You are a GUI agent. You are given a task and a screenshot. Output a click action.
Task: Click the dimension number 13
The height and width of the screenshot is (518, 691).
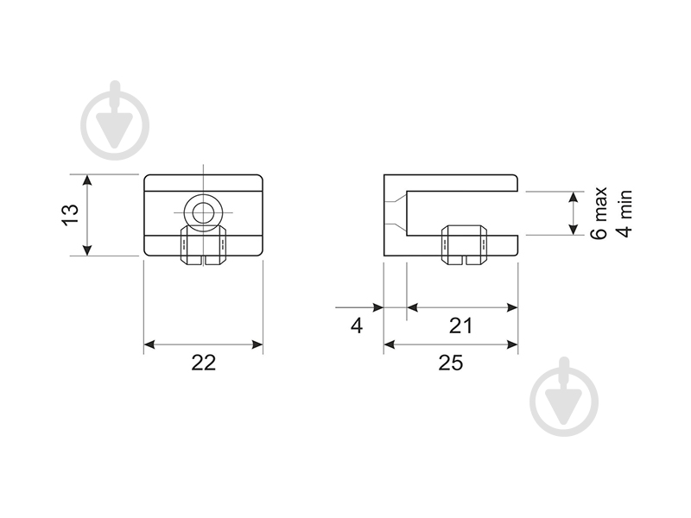71,214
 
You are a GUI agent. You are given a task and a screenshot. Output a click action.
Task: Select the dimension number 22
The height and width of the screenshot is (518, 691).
204,363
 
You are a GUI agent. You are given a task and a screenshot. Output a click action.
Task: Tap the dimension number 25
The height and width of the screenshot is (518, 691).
451,363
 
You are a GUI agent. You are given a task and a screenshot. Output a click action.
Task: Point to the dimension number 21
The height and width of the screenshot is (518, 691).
460,326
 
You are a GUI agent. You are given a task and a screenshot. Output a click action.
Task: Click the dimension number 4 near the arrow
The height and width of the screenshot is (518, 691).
357,326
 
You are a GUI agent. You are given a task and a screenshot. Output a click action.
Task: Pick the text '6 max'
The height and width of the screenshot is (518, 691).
599,213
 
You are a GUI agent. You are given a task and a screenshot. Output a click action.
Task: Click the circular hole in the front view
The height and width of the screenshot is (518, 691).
203,212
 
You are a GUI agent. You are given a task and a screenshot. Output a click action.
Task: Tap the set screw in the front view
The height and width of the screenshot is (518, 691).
204,245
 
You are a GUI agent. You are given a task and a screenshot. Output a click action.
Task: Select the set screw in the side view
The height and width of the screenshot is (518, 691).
465,245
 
